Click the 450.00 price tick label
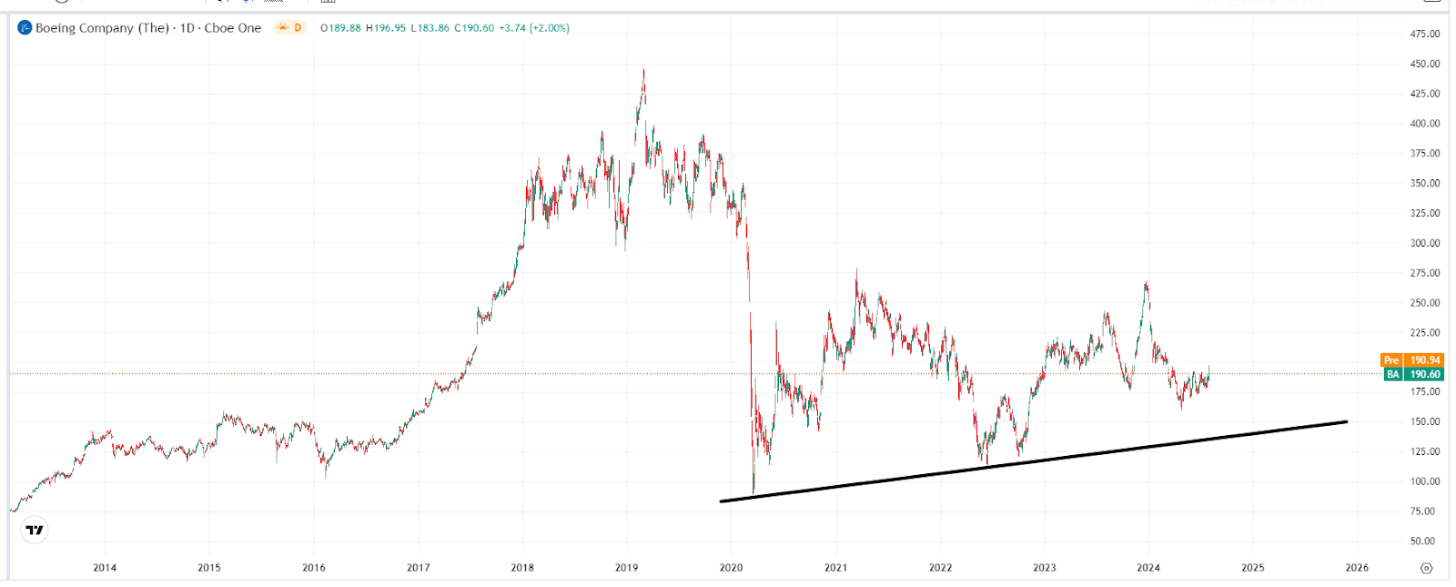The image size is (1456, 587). (1425, 64)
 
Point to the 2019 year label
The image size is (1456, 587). (626, 567)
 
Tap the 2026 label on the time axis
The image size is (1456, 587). (1357, 567)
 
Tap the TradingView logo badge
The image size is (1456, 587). (35, 530)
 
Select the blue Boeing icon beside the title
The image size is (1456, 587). (25, 28)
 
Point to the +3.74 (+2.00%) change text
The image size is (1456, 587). (534, 28)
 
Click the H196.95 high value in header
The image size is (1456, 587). (386, 28)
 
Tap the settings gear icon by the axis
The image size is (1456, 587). (1426, 568)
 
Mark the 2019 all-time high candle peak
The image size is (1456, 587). (643, 70)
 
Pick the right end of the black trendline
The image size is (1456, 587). (1346, 421)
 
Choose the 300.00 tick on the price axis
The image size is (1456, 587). (1425, 243)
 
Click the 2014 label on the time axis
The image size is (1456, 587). (105, 567)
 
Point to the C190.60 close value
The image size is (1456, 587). (474, 28)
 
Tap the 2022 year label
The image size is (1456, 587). (940, 567)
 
